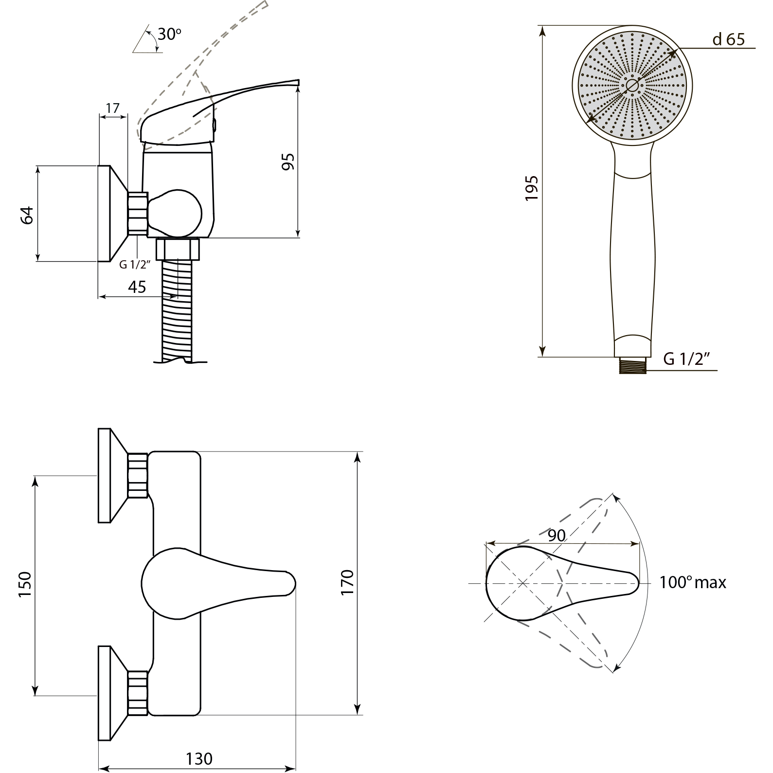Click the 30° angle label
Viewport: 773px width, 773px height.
click(x=169, y=35)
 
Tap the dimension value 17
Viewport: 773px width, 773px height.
click(x=112, y=108)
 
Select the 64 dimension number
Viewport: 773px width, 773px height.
click(x=28, y=215)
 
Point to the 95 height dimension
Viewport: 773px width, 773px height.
click(x=288, y=162)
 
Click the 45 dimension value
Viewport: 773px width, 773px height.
click(x=137, y=287)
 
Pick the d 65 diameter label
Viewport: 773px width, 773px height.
click(x=728, y=39)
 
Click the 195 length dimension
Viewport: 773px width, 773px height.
click(x=532, y=188)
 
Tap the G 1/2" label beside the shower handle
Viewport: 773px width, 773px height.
click(x=686, y=359)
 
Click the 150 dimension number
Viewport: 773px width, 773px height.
click(x=25, y=585)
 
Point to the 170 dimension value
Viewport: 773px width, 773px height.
click(x=347, y=582)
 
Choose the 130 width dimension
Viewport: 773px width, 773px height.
click(x=199, y=758)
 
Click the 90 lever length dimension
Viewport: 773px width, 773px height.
click(x=557, y=536)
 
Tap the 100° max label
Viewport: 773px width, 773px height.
click(x=692, y=582)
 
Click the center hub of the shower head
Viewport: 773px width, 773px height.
click(x=632, y=86)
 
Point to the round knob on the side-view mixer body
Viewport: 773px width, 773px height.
click(x=176, y=213)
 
